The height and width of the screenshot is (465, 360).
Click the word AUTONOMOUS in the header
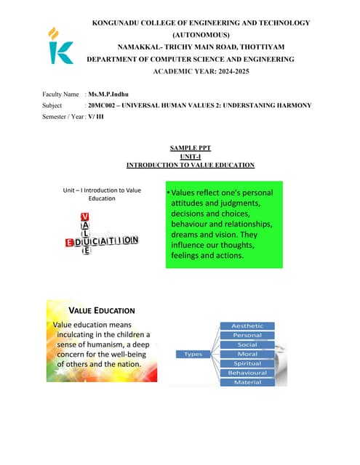(x=201, y=35)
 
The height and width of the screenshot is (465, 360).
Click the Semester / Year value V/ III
(x=95, y=116)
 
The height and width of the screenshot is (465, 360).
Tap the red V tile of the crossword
(x=85, y=217)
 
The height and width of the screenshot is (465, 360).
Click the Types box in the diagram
(x=193, y=354)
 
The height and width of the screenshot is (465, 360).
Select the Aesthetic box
(x=247, y=325)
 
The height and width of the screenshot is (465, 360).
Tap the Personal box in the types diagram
(x=247, y=335)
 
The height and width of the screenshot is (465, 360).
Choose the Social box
(x=247, y=344)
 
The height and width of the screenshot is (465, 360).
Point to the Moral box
(x=247, y=354)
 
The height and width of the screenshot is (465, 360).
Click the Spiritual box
(x=247, y=363)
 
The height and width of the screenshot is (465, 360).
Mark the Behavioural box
(x=247, y=373)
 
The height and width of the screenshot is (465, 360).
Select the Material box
(x=247, y=382)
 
